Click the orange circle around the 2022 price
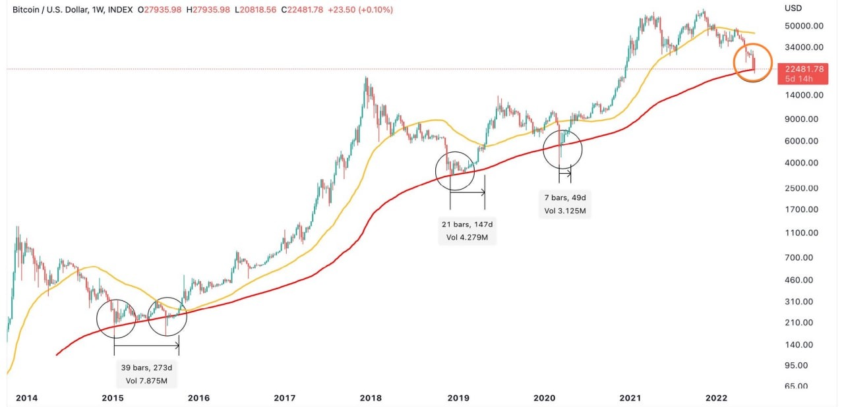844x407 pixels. tap(753, 63)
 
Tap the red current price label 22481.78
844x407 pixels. tap(800, 68)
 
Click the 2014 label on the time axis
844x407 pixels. tap(26, 398)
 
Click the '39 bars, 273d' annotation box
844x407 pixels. tap(146, 374)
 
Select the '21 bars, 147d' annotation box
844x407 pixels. tap(467, 231)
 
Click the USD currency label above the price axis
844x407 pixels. tap(793, 8)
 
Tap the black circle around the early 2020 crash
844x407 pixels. tap(562, 149)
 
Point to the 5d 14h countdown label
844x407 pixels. tap(798, 79)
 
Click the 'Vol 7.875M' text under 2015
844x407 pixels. tap(146, 380)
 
